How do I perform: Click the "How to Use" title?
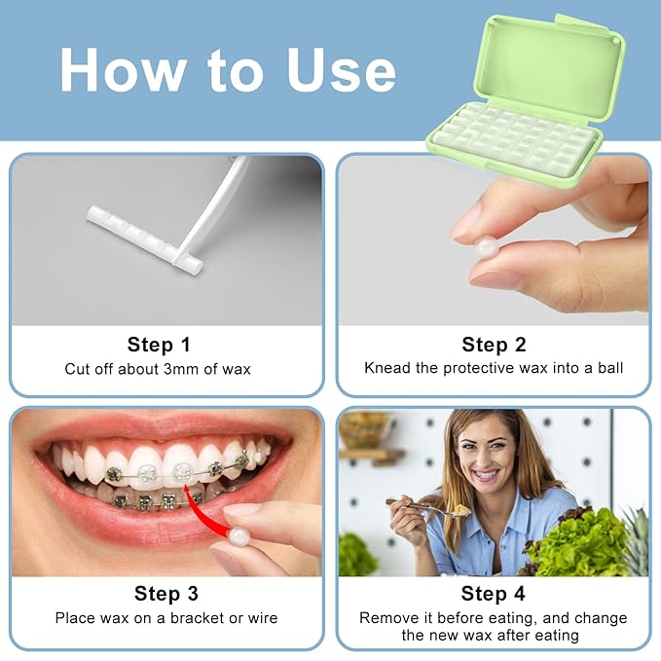pos(228,69)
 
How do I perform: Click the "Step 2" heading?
pos(494,345)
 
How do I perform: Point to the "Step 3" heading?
pos(165,594)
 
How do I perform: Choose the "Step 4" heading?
pos(494,594)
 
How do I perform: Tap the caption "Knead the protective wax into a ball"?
pos(494,369)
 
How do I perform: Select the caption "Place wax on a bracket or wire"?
pos(165,618)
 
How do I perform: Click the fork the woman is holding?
pos(414,504)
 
